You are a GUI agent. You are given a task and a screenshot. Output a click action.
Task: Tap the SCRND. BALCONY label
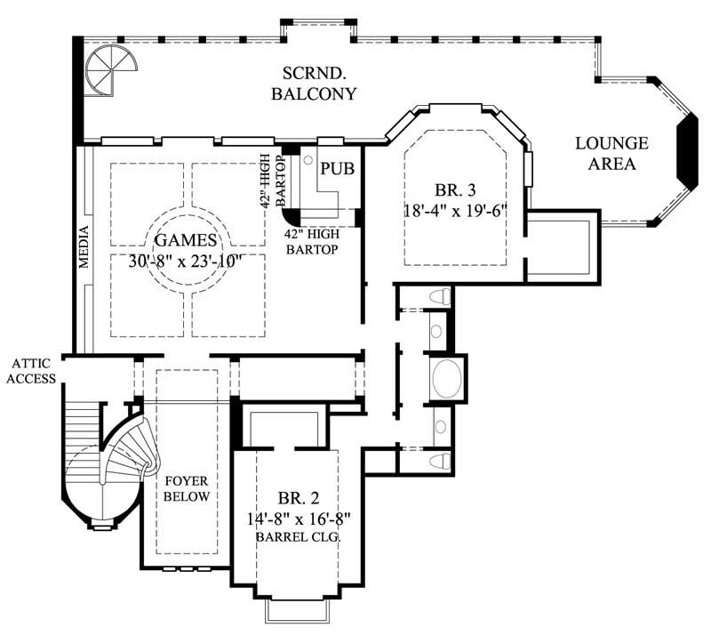pyautogui.click(x=320, y=83)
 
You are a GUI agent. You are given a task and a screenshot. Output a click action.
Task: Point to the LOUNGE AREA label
pyautogui.click(x=611, y=153)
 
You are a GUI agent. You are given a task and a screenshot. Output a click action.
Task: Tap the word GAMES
pyautogui.click(x=185, y=239)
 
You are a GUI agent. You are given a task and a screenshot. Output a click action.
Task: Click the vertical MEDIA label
pyautogui.click(x=83, y=246)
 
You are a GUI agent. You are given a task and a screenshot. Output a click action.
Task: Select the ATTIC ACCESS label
pyautogui.click(x=35, y=371)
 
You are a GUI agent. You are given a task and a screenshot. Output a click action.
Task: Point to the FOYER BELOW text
pyautogui.click(x=187, y=488)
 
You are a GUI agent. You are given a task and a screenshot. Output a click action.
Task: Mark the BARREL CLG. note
pyautogui.click(x=290, y=537)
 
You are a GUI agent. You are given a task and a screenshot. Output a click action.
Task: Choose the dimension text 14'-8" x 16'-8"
pyautogui.click(x=290, y=518)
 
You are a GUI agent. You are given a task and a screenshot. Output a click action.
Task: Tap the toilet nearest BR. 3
pyautogui.click(x=437, y=297)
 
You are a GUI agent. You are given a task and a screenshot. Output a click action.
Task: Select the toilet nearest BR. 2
pyautogui.click(x=436, y=460)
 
